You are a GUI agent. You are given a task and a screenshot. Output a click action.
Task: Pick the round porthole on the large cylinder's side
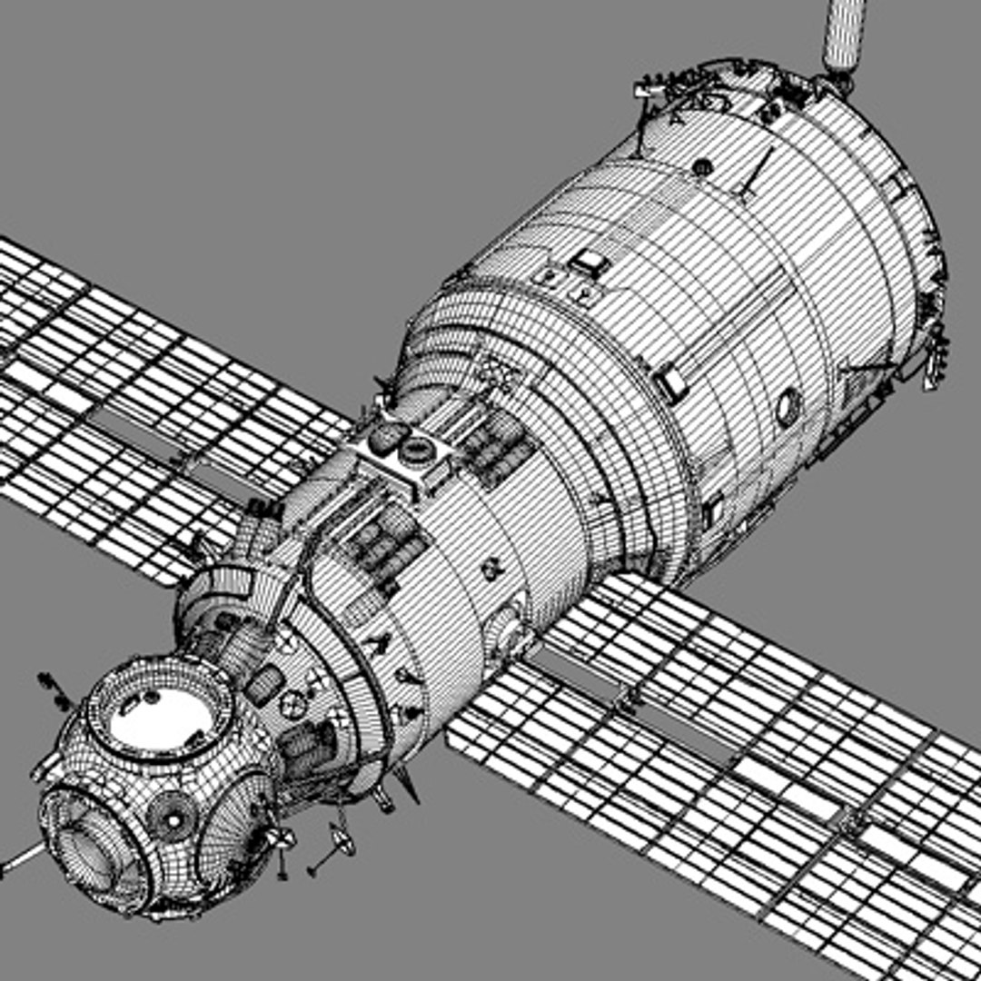point(788,408)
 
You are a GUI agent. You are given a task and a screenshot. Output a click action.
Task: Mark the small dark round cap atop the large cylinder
point(700,167)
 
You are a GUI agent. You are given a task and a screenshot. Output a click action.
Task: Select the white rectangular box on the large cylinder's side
point(671,382)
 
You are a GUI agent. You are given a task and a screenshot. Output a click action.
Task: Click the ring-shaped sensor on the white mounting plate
point(419,450)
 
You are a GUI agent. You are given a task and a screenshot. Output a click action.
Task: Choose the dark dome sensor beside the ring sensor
point(388,436)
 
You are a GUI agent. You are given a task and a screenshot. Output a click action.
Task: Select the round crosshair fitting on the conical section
point(293,702)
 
